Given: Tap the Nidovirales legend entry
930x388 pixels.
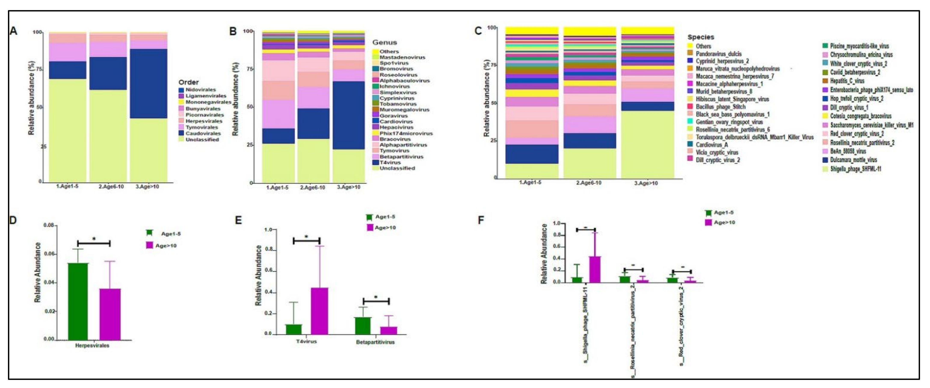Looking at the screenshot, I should pyautogui.click(x=200, y=90).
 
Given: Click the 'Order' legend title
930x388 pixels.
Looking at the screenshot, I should pyautogui.click(x=188, y=82).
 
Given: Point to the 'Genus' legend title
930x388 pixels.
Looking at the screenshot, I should pyautogui.click(x=385, y=43).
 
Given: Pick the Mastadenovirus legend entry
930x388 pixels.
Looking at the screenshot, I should pyautogui.click(x=402, y=57).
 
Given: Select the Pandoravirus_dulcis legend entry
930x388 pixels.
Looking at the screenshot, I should pyautogui.click(x=718, y=54).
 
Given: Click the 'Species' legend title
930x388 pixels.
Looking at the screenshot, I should pyautogui.click(x=700, y=37).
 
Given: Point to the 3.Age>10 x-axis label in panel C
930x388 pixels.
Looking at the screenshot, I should pyautogui.click(x=646, y=183).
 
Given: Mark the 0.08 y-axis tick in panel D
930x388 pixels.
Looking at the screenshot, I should pyautogui.click(x=49, y=225).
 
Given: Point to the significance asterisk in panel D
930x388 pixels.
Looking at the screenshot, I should pyautogui.click(x=94, y=239).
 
